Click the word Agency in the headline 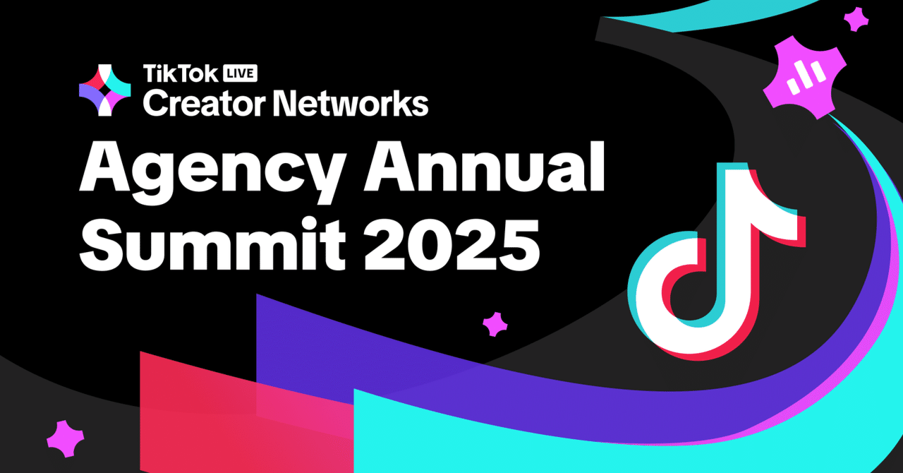click(212, 172)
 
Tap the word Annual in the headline click(484, 167)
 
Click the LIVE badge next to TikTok click(241, 73)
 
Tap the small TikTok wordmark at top click(181, 73)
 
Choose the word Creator click(204, 103)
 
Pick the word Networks click(351, 103)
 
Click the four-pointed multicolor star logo click(105, 90)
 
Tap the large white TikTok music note click(717, 263)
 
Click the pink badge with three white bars click(805, 77)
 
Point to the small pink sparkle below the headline click(495, 324)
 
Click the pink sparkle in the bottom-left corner click(66, 439)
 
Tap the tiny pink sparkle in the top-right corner click(856, 20)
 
